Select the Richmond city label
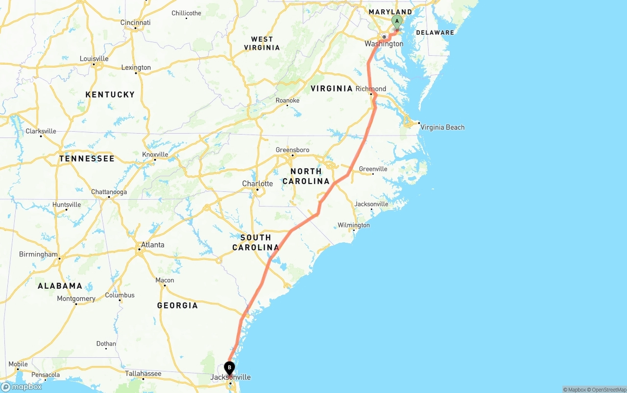pyautogui.click(x=371, y=89)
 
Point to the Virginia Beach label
pyautogui.click(x=442, y=127)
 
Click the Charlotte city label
pyautogui.click(x=258, y=184)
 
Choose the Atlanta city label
pyautogui.click(x=152, y=245)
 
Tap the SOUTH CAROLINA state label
pyautogui.click(x=256, y=242)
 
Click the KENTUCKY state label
pyautogui.click(x=110, y=94)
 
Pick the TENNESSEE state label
pyautogui.click(x=87, y=159)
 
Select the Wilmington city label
pyautogui.click(x=354, y=225)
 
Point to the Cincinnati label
pyautogui.click(x=136, y=23)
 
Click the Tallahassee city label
pyautogui.click(x=143, y=373)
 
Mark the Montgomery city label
pyautogui.click(x=76, y=299)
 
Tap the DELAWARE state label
pyautogui.click(x=435, y=33)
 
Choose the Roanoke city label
pyautogui.click(x=288, y=100)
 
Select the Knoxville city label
pyautogui.click(x=155, y=155)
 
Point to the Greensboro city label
pyautogui.click(x=292, y=150)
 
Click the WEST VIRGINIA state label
pyautogui.click(x=262, y=43)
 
